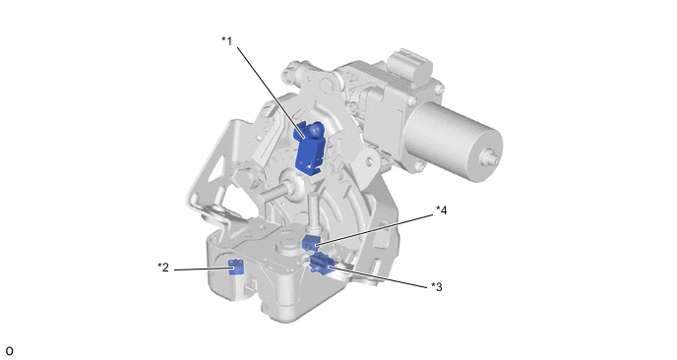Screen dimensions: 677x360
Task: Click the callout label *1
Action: pos(226,41)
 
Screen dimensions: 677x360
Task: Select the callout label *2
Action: pos(163,268)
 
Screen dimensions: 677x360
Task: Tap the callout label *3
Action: pos(437,287)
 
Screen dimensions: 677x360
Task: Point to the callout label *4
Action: pos(441,210)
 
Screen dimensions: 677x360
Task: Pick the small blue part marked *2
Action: pos(236,268)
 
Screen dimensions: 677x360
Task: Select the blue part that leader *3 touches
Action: pos(321,264)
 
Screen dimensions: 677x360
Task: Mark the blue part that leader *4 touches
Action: pos(309,243)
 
